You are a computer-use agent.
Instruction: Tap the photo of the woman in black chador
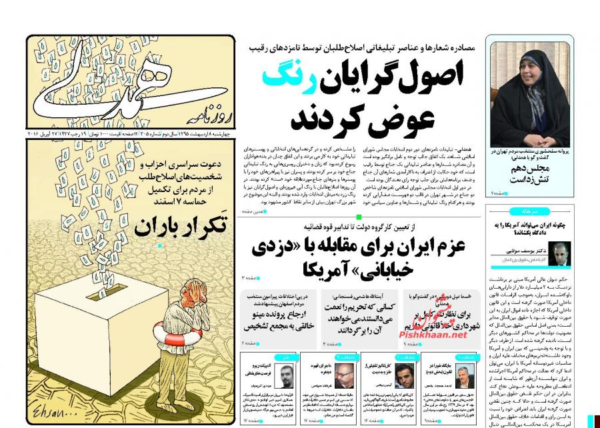(x=530, y=93)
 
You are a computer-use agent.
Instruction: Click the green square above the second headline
(x=358, y=217)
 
